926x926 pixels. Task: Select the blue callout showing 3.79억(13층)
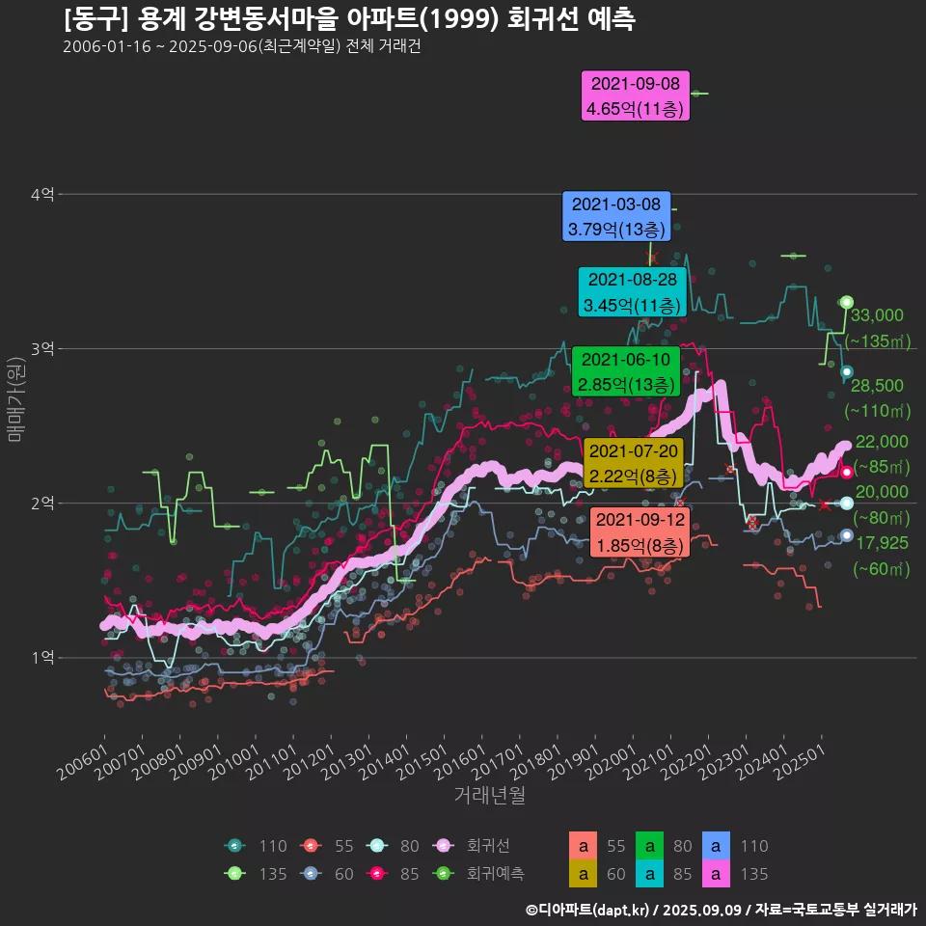pyautogui.click(x=616, y=216)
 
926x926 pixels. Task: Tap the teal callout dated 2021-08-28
pyautogui.click(x=632, y=292)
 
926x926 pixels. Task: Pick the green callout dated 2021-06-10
pyautogui.click(x=626, y=371)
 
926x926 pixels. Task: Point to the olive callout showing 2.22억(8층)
pyautogui.click(x=634, y=463)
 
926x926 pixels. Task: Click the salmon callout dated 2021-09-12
pyautogui.click(x=640, y=532)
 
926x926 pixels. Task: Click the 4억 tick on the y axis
pyautogui.click(x=41, y=194)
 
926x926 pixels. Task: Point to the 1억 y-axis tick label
pyautogui.click(x=41, y=657)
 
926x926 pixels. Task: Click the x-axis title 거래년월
pyautogui.click(x=489, y=796)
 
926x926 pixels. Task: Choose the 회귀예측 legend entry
pyautogui.click(x=495, y=873)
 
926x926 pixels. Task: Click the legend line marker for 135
pyautogui.click(x=234, y=873)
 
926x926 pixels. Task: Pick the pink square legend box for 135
pyautogui.click(x=715, y=873)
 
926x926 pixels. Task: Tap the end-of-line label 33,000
pyautogui.click(x=876, y=315)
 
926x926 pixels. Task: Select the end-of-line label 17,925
pyautogui.click(x=882, y=543)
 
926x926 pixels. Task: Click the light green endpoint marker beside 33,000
pyautogui.click(x=847, y=302)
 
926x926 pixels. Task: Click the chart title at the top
pyautogui.click(x=348, y=19)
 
